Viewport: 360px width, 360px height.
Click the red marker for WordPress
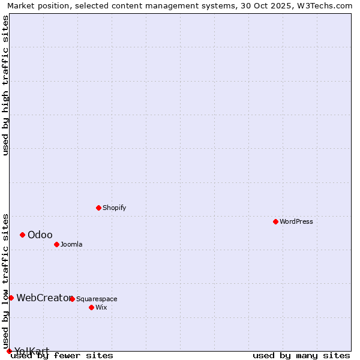point(275,221)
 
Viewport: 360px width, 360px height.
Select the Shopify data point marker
point(98,208)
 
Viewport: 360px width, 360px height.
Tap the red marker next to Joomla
point(56,244)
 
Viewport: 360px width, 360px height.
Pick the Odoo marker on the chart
point(22,235)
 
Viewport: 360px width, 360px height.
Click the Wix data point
point(91,307)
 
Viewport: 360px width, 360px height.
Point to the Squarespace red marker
point(72,299)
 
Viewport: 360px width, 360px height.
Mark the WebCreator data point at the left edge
point(11,298)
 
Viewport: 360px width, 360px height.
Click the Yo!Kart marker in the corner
point(9,351)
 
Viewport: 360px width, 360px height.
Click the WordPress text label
point(296,221)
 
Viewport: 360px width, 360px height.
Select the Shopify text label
point(114,208)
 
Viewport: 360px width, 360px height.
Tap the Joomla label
point(71,244)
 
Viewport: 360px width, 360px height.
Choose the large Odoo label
point(40,235)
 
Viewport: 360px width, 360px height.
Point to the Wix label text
point(101,307)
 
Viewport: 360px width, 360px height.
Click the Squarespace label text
point(97,299)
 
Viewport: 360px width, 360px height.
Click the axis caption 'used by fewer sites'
point(62,356)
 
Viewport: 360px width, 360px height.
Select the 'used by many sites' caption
point(301,356)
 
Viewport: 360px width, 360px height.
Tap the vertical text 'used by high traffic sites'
point(6,85)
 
